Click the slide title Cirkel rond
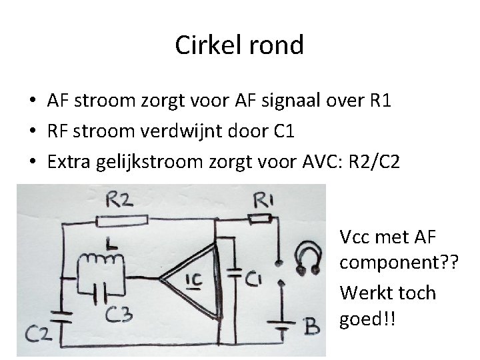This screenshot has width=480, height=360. (x=239, y=45)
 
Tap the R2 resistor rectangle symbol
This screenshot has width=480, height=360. (x=122, y=219)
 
